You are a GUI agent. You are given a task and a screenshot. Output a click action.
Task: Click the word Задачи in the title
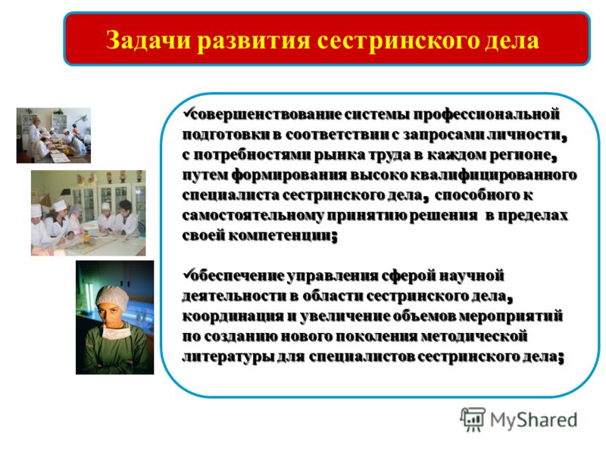pyautogui.click(x=148, y=40)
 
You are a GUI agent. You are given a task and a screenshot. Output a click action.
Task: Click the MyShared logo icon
pyautogui.click(x=472, y=419)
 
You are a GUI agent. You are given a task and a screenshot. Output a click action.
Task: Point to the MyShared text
pyautogui.click(x=534, y=420)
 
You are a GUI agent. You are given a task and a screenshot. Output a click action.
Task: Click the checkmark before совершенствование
pyautogui.click(x=187, y=113)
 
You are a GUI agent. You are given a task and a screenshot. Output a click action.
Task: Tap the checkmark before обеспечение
pyautogui.click(x=187, y=274)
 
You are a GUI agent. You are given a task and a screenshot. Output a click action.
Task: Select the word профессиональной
pyautogui.click(x=486, y=115)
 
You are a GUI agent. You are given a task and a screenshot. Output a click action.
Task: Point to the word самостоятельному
pyautogui.click(x=253, y=216)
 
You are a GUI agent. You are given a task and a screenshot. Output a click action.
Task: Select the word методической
pyautogui.click(x=474, y=336)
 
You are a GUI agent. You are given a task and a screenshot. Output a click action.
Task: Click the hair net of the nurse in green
pyautogui.click(x=112, y=297)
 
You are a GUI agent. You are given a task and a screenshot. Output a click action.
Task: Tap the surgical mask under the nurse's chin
pyautogui.click(x=115, y=331)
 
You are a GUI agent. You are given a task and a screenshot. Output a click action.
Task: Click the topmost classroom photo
pyautogui.click(x=53, y=135)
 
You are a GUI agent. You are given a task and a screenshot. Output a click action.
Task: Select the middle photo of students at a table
pyautogui.click(x=88, y=213)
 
